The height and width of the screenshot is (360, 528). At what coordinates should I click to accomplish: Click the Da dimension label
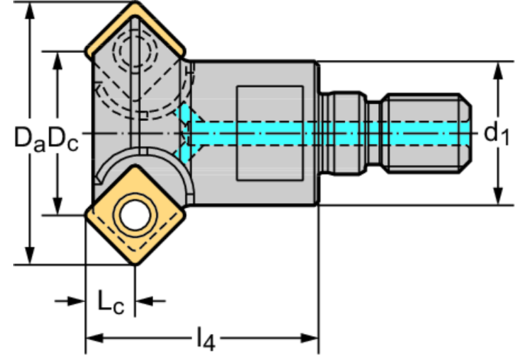click(x=30, y=139)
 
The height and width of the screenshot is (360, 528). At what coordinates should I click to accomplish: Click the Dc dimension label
click(x=63, y=139)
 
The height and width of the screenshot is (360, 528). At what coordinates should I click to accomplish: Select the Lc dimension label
click(x=111, y=301)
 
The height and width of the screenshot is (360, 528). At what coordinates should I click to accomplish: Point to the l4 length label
click(x=205, y=339)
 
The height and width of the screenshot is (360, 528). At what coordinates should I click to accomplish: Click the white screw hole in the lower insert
click(x=135, y=215)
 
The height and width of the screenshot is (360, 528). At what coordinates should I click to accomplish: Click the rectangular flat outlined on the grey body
click(x=270, y=133)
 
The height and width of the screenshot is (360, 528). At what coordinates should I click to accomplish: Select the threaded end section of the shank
click(x=427, y=134)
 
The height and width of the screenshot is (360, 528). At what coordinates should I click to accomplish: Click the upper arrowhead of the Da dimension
click(x=30, y=12)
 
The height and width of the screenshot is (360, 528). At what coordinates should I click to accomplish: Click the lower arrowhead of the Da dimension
click(x=30, y=255)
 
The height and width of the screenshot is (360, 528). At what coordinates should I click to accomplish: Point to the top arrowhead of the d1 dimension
click(x=498, y=71)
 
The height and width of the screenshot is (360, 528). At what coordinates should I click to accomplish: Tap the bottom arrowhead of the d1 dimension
click(x=498, y=196)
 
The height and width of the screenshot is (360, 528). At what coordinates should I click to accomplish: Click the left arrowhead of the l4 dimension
click(x=95, y=338)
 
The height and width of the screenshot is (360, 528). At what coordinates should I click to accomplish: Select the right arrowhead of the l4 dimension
click(x=309, y=338)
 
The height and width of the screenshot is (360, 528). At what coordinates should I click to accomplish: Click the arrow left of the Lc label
click(x=70, y=301)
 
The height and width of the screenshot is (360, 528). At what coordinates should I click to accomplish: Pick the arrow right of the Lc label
click(x=150, y=301)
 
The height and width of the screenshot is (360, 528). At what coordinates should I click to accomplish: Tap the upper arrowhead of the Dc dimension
click(x=58, y=61)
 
